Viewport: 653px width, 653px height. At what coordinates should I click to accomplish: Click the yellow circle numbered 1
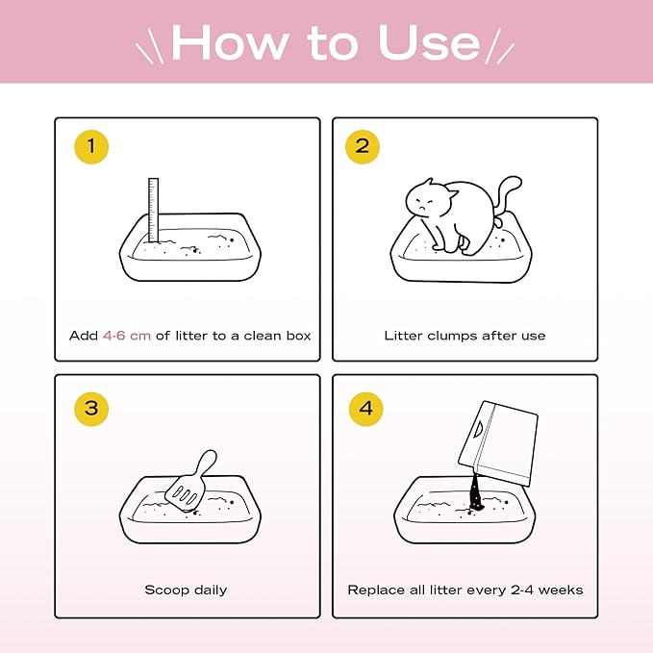click(91, 147)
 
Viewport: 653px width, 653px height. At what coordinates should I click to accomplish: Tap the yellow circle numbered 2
click(363, 147)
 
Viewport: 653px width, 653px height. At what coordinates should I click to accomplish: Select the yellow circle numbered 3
click(91, 409)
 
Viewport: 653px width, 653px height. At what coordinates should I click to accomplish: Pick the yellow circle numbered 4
click(365, 409)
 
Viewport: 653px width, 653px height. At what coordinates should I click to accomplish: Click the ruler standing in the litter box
click(153, 210)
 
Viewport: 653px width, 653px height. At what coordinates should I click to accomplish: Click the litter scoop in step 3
click(189, 482)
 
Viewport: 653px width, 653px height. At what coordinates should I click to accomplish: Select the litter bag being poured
click(498, 442)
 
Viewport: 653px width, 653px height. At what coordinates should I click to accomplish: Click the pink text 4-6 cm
click(127, 336)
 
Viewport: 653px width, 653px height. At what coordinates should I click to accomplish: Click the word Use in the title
click(429, 42)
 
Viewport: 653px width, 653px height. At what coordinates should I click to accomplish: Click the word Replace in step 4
click(373, 590)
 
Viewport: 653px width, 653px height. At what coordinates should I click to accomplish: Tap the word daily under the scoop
click(211, 590)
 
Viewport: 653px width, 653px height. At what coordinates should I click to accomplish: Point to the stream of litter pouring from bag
click(475, 491)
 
